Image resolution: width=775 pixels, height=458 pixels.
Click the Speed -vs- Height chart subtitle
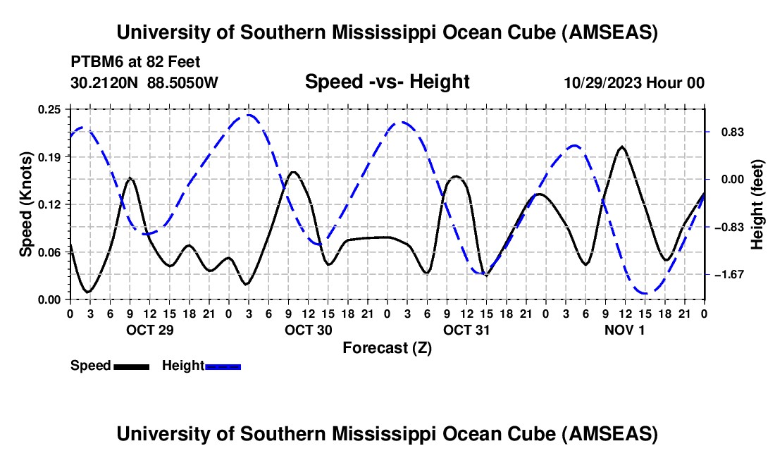point(387,82)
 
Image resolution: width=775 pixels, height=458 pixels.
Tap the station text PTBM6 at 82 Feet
point(136,63)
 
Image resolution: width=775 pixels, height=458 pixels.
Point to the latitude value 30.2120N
point(105,82)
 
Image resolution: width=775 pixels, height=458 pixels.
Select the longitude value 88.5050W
point(183,82)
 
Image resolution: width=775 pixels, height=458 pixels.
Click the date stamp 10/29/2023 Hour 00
point(634,82)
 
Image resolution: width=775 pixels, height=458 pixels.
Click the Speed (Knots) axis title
point(26,204)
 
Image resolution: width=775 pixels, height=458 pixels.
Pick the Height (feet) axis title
point(757,204)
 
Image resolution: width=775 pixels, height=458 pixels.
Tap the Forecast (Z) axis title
point(387,347)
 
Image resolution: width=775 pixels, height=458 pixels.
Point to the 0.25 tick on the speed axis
point(50,109)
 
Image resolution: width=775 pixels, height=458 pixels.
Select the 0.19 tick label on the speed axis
point(50,156)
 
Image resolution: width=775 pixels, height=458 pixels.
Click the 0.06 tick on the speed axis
point(50,252)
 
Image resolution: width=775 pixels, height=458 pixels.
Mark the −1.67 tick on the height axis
point(726,274)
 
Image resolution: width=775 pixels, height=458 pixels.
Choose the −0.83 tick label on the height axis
point(726,227)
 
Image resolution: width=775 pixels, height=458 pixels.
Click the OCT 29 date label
point(149,329)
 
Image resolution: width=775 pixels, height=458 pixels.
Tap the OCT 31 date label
point(466,329)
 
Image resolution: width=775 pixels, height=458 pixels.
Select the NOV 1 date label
point(624,329)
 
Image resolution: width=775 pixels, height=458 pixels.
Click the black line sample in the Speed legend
point(131,366)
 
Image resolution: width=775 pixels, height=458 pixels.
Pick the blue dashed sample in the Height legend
point(223,366)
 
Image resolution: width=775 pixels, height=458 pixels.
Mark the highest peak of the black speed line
point(621,147)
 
